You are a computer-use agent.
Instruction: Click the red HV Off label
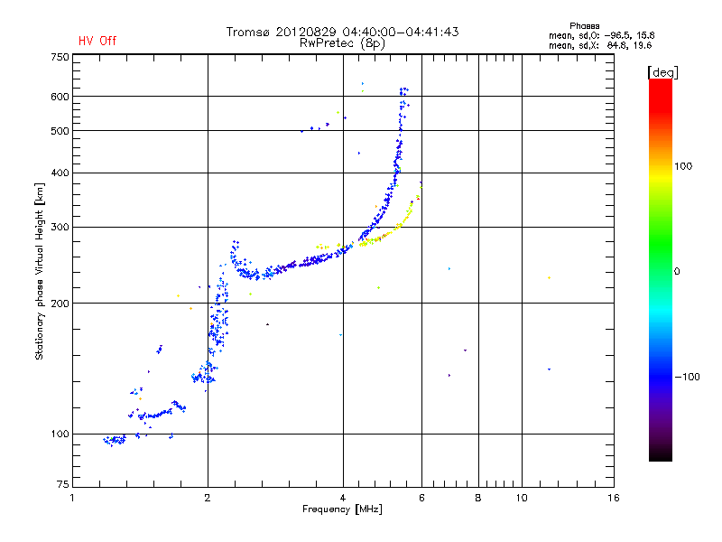(97, 41)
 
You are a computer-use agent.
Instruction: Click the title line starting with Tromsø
(342, 32)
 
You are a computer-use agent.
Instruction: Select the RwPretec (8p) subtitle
(342, 42)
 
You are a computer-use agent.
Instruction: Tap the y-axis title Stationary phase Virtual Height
(40, 271)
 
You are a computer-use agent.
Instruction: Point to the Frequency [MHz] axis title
(342, 510)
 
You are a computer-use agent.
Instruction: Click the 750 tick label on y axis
(60, 57)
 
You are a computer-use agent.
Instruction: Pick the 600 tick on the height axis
(60, 96)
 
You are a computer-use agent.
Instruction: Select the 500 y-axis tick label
(60, 131)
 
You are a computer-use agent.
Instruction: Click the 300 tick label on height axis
(60, 227)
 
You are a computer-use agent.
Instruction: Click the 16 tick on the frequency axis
(613, 498)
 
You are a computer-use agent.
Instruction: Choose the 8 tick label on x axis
(478, 498)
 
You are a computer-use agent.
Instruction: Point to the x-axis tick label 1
(72, 498)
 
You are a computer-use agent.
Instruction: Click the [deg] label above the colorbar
(662, 71)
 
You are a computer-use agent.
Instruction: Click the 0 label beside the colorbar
(678, 271)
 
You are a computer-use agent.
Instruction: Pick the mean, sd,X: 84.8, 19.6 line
(600, 44)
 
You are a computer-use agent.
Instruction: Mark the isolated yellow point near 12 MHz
(549, 278)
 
